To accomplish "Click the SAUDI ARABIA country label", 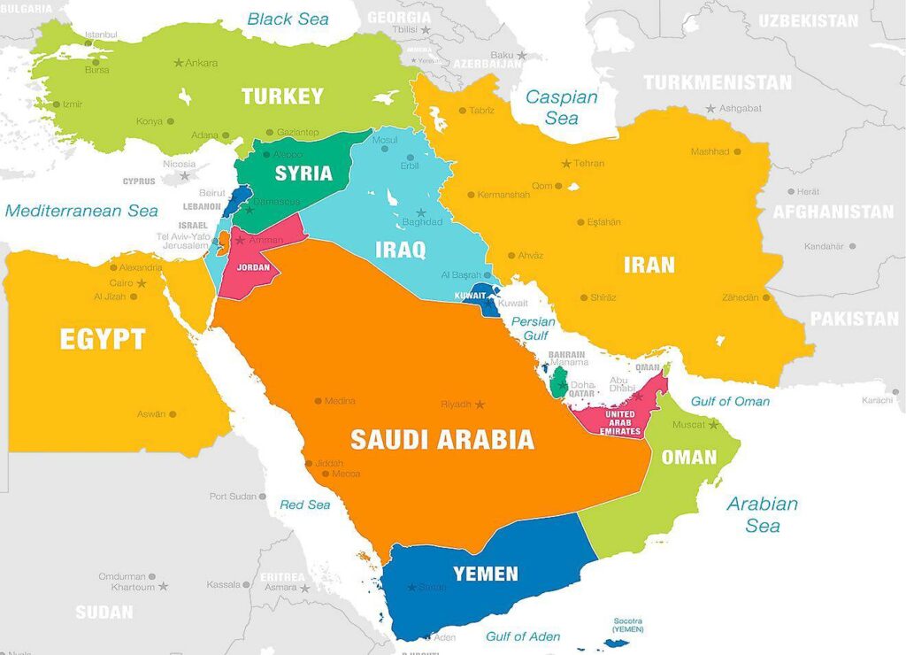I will click(441, 439).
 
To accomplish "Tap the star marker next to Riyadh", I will click(480, 405).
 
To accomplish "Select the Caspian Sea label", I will click(562, 107).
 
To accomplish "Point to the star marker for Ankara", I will click(179, 63).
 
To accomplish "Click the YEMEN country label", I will click(486, 574).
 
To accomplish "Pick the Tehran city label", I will click(589, 164).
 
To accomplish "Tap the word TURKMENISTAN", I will click(718, 82).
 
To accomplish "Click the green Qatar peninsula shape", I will click(559, 382).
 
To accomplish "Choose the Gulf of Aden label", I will click(523, 636).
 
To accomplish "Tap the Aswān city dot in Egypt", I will click(173, 413).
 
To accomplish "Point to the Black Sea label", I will click(288, 19).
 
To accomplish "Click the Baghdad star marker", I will click(421, 213).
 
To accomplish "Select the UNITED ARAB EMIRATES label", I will click(619, 422).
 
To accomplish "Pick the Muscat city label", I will click(688, 425).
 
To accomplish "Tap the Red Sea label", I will click(305, 505).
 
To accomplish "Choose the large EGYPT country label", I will click(103, 339).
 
